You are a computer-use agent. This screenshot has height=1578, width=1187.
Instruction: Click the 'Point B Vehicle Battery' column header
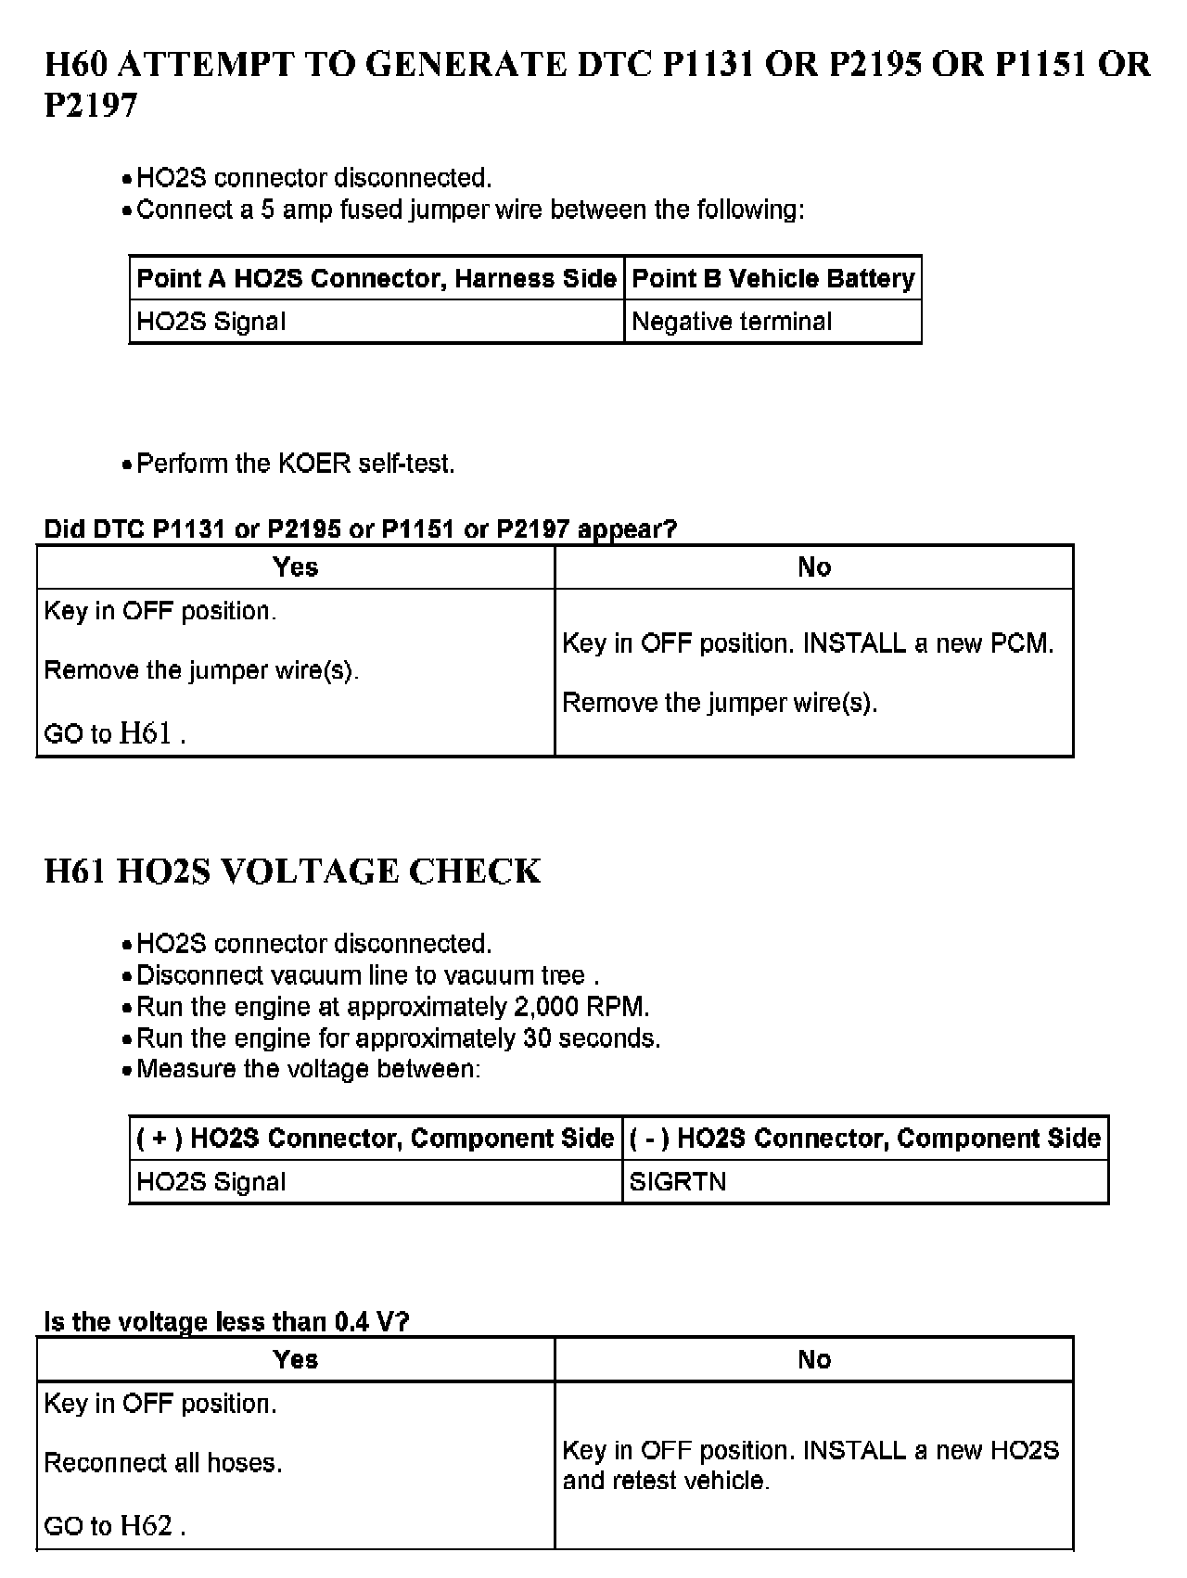click(x=772, y=278)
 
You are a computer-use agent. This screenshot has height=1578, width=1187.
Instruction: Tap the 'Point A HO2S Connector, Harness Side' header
click(x=377, y=278)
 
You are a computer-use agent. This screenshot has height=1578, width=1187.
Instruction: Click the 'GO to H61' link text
click(x=115, y=734)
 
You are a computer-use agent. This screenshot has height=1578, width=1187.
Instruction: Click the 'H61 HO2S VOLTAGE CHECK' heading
click(x=292, y=872)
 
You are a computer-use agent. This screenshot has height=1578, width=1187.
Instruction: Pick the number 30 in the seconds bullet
click(x=537, y=1038)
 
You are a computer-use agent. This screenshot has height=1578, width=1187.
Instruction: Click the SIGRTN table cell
click(x=677, y=1182)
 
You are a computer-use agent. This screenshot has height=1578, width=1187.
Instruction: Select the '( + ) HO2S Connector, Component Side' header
click(x=376, y=1139)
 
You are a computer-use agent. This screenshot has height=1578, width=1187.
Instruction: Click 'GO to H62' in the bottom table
click(x=115, y=1526)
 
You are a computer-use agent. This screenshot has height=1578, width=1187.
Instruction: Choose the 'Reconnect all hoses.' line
click(x=163, y=1463)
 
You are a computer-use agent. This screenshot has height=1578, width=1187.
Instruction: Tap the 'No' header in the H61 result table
click(x=814, y=1359)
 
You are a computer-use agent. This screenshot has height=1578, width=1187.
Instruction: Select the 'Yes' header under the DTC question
click(x=296, y=566)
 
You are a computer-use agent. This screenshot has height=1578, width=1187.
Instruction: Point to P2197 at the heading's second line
click(x=91, y=106)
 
